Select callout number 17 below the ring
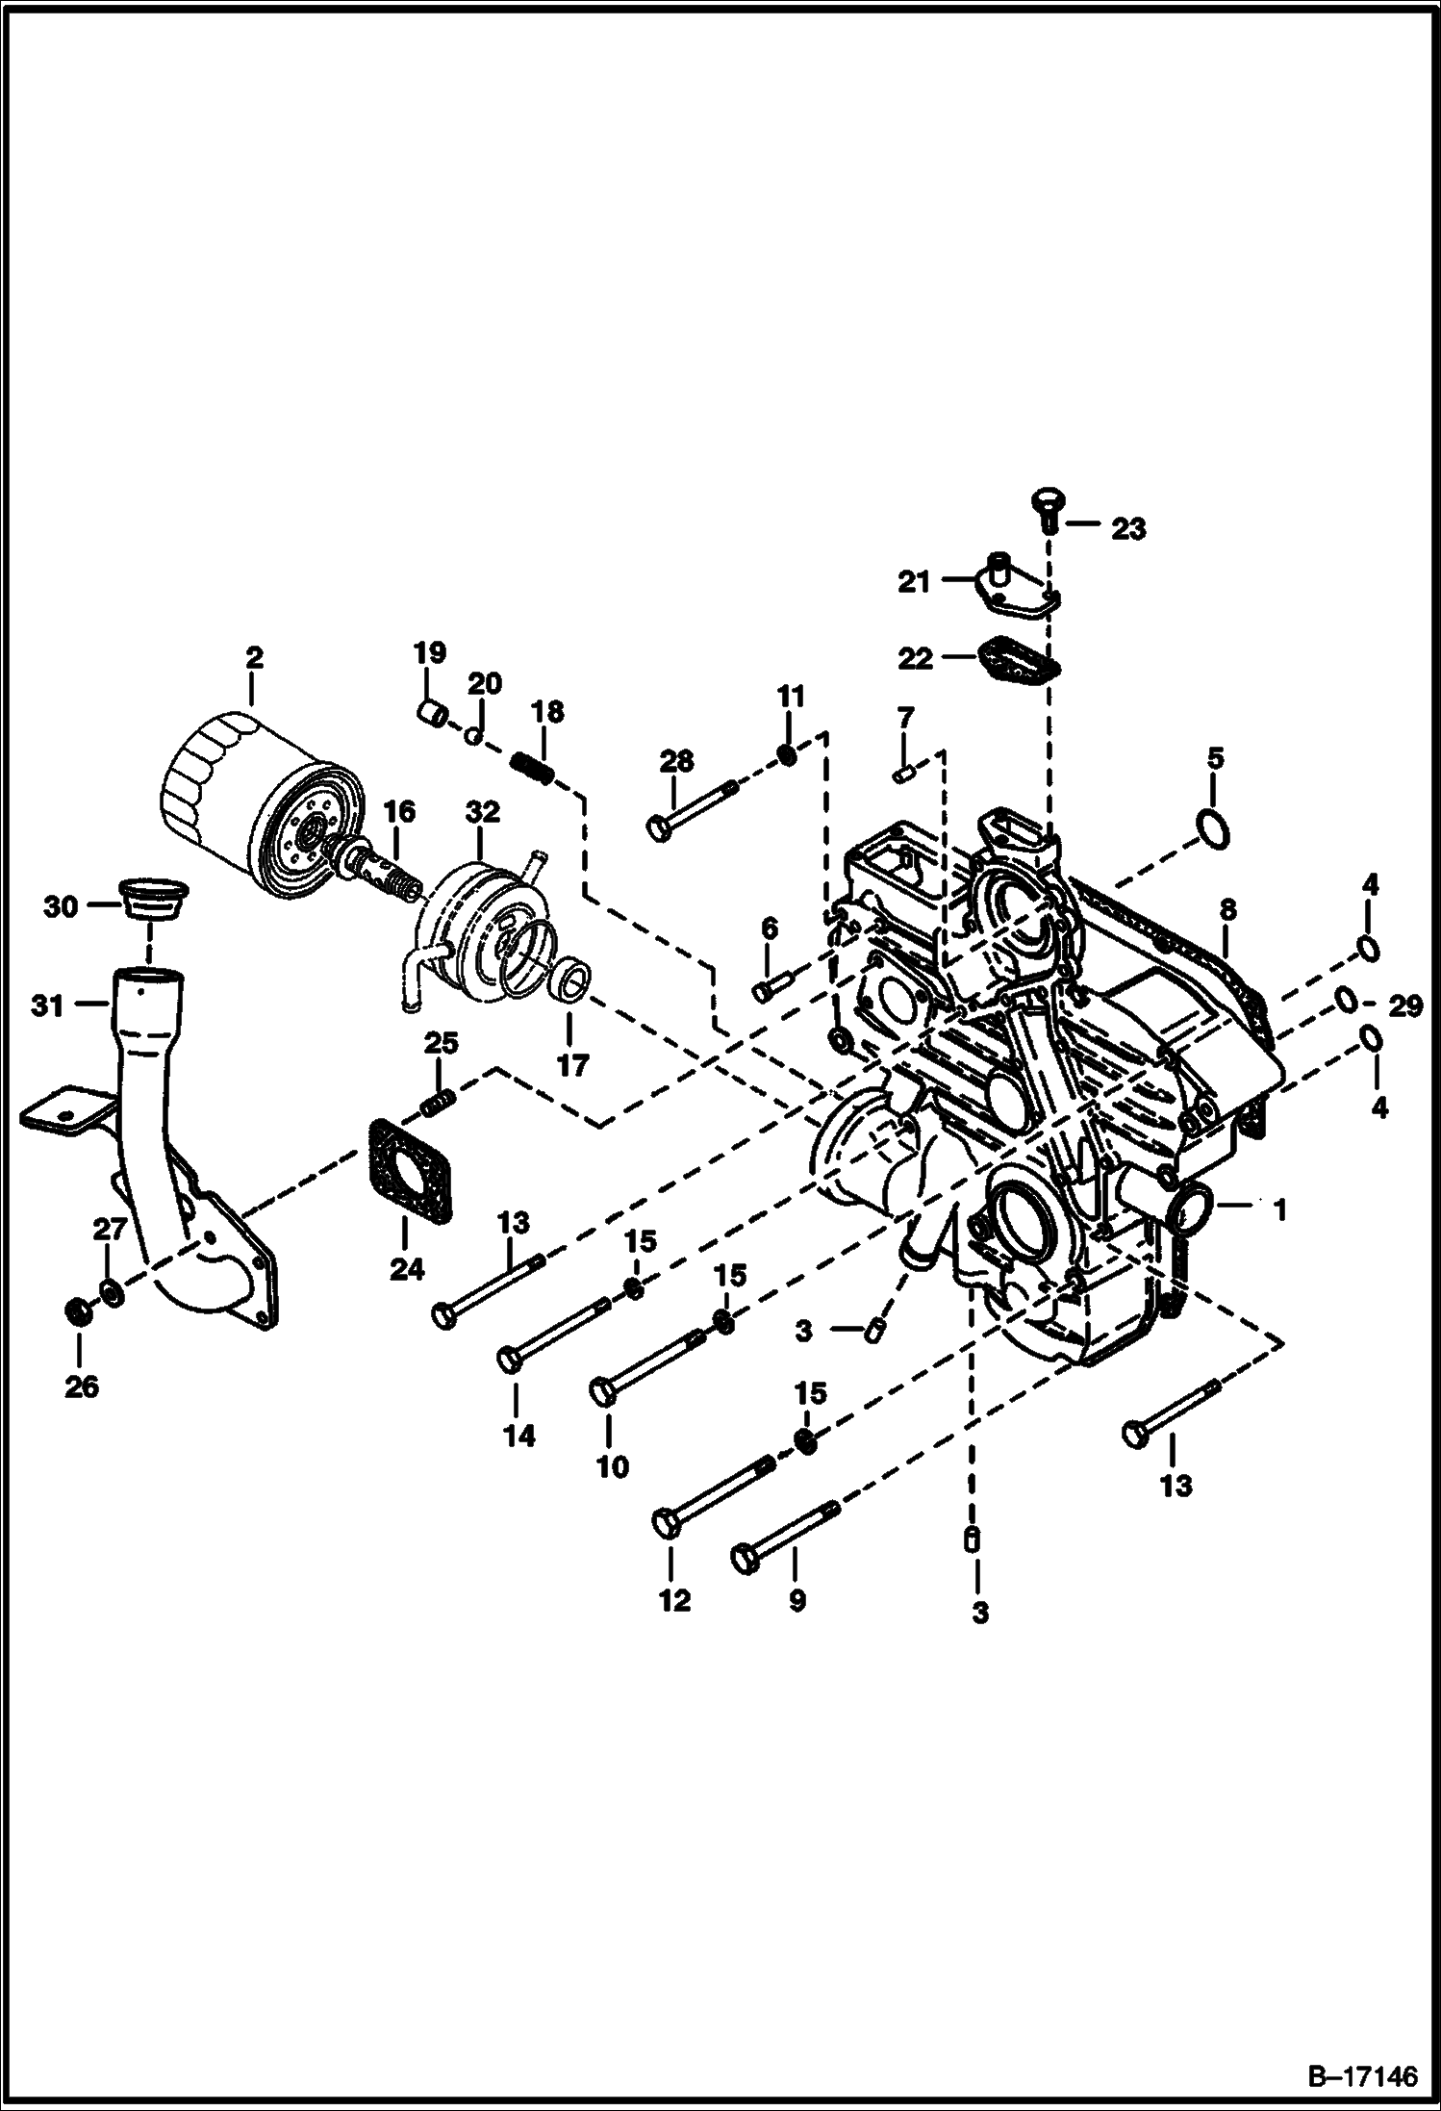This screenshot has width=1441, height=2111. (572, 1066)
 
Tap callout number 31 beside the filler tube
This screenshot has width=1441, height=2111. (47, 1006)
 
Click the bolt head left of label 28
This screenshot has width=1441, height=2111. (661, 827)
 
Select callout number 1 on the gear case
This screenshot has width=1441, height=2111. (1278, 1209)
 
